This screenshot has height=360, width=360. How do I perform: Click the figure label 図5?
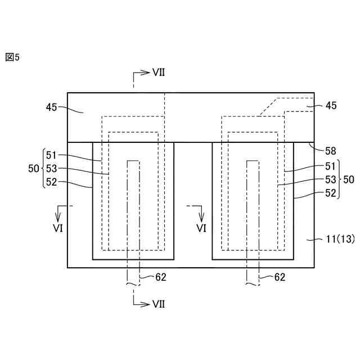(x=12, y=57)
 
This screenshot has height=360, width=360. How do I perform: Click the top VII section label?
(x=158, y=73)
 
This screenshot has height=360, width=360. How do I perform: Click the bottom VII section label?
(x=158, y=304)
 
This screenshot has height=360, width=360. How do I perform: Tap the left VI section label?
(x=60, y=228)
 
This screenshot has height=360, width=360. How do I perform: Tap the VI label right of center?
(x=201, y=228)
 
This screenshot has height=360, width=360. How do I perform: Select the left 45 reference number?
(x=52, y=107)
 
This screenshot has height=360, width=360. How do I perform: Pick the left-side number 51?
(x=52, y=155)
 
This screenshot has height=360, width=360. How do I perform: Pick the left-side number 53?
(x=52, y=168)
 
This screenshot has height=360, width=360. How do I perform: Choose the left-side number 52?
(x=52, y=182)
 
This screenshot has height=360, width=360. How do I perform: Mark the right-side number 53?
(x=330, y=179)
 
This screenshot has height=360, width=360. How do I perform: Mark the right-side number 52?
(x=330, y=193)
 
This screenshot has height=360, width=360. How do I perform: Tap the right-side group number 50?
(x=349, y=179)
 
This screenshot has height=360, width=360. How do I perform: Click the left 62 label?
(x=160, y=277)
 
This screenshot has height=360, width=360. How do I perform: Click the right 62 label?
(x=280, y=277)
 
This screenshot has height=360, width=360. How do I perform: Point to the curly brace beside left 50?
(x=42, y=168)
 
